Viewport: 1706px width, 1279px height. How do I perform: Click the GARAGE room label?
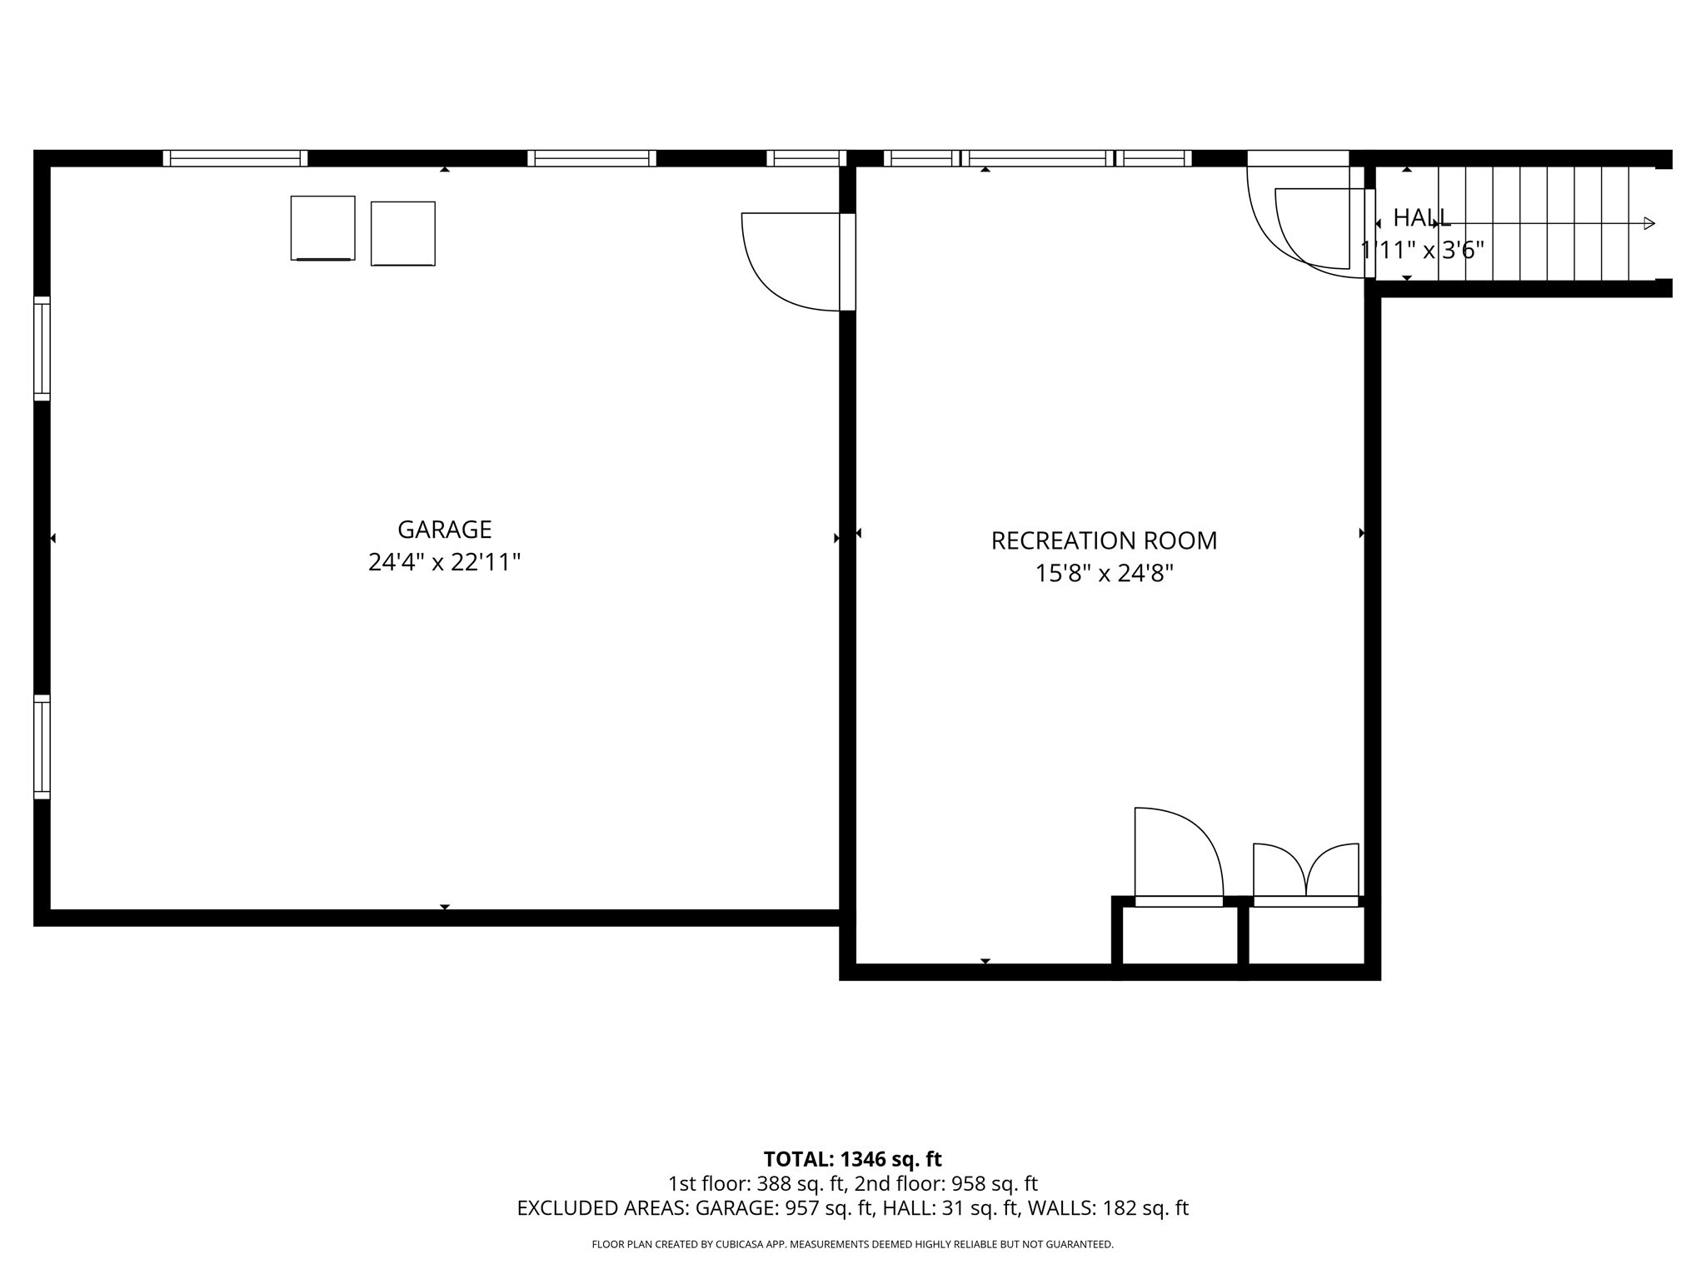444,530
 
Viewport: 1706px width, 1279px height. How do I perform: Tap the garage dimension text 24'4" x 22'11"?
444,563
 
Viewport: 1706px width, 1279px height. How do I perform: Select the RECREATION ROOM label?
1104,541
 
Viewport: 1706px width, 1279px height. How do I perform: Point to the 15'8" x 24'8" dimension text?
1104,574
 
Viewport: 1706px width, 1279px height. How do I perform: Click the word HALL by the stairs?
1422,218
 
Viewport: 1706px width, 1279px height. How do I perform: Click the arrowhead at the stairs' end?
1649,223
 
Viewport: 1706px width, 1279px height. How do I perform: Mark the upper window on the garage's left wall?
42,348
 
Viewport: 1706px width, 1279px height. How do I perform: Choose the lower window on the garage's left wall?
42,747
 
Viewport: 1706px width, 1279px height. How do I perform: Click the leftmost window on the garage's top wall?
235,158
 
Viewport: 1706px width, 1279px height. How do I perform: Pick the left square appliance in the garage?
322,228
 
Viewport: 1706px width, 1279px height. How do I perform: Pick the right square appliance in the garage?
403,234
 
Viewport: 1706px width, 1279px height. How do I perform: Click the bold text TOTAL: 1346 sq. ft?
852,1159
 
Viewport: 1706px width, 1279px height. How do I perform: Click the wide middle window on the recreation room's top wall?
1037,158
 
